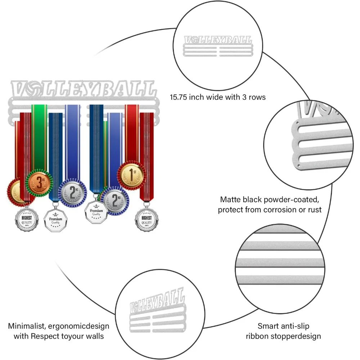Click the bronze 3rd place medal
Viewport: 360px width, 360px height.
(39, 184)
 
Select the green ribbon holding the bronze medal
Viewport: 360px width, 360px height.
(39, 137)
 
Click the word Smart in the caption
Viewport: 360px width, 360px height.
(268, 326)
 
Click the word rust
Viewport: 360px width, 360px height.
(314, 210)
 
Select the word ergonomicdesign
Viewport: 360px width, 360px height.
(79, 326)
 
